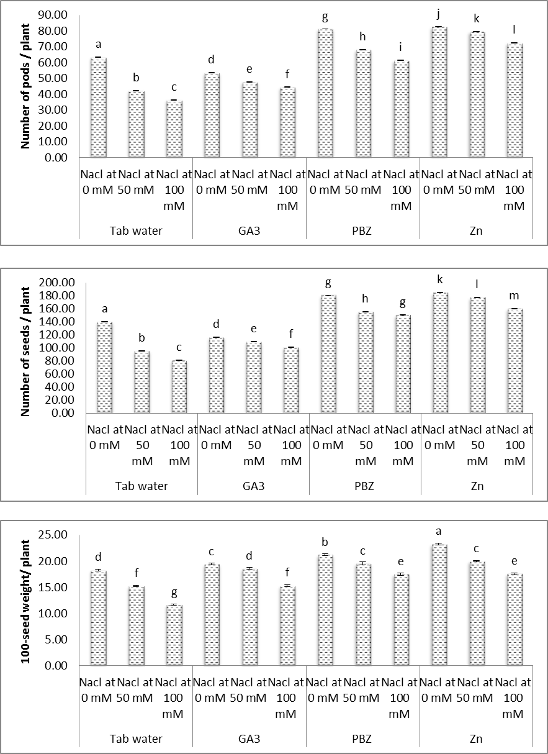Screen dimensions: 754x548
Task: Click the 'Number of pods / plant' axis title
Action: pyautogui.click(x=26, y=86)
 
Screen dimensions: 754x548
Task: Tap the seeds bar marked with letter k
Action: pyautogui.click(x=439, y=353)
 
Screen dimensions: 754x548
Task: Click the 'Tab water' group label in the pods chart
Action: pyautogui.click(x=136, y=232)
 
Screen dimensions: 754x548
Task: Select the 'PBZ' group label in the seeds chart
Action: pyautogui.click(x=365, y=486)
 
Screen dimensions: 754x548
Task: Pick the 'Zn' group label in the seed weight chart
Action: pyautogui.click(x=475, y=739)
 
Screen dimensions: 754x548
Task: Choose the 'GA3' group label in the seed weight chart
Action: pyautogui.click(x=249, y=739)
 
